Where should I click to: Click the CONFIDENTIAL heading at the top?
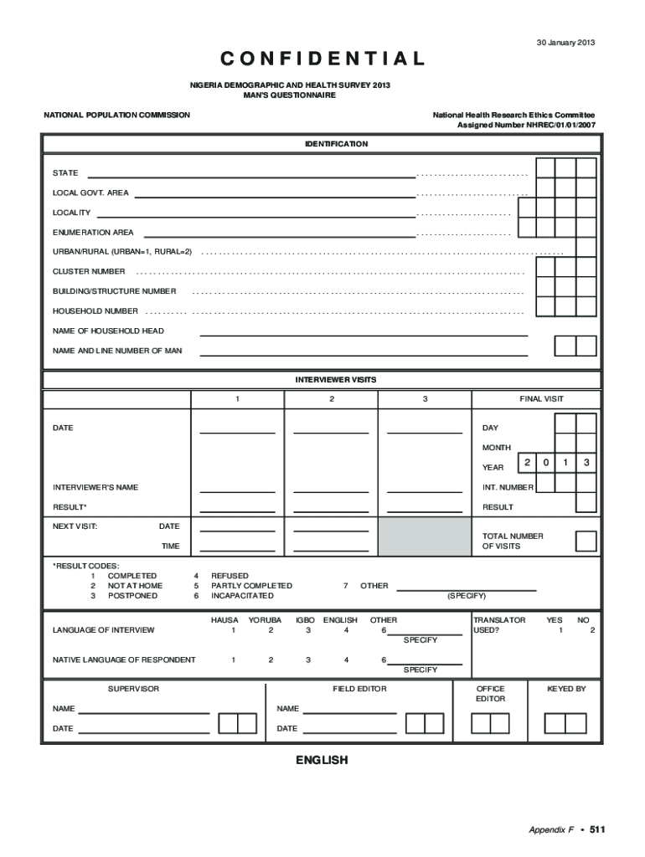(x=322, y=59)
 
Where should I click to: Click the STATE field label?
(x=65, y=173)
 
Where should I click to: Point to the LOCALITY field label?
(x=72, y=213)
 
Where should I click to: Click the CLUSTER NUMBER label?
(x=89, y=271)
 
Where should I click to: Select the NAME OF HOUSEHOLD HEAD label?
(x=108, y=331)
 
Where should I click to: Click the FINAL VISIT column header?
(x=541, y=399)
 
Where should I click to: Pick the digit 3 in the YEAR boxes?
(x=587, y=463)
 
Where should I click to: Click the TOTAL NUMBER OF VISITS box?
(x=586, y=541)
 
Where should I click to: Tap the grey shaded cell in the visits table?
(x=424, y=536)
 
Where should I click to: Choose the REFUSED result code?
(x=230, y=576)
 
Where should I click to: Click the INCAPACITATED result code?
(x=242, y=596)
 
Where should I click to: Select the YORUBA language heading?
(x=265, y=620)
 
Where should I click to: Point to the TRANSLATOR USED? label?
(x=499, y=624)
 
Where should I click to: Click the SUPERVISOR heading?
(x=133, y=689)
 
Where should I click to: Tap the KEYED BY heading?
(x=566, y=689)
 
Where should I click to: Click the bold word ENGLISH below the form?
(x=321, y=760)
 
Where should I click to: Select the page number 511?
(x=596, y=829)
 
